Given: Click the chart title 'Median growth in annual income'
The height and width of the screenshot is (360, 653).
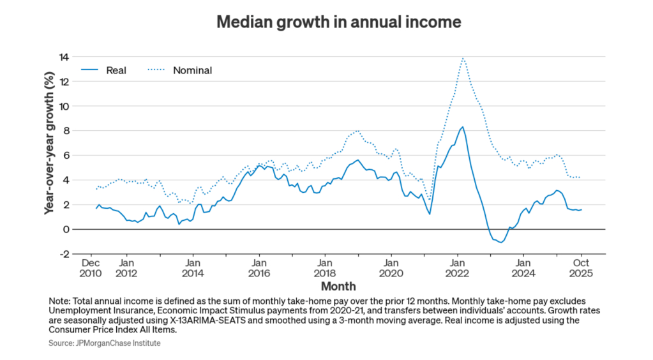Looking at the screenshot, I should click(x=338, y=22).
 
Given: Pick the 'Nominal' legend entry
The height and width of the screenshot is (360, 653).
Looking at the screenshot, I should click(x=192, y=70).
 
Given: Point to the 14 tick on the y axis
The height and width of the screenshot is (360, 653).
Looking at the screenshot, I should click(x=64, y=57).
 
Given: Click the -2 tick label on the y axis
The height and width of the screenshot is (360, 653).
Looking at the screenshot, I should click(x=64, y=254).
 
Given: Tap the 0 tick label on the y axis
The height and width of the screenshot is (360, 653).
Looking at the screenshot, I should click(x=66, y=229).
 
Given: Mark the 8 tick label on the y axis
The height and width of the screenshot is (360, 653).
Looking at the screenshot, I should click(x=66, y=131).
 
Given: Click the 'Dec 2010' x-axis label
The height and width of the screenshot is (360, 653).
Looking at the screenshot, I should click(x=91, y=268).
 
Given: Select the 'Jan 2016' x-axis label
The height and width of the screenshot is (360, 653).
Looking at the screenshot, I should click(x=259, y=268).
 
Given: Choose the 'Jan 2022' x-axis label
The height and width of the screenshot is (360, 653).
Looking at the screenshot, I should click(x=458, y=268).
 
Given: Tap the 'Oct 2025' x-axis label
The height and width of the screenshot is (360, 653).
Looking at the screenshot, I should click(x=582, y=268).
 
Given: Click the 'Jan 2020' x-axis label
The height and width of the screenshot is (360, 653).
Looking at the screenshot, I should click(x=391, y=268).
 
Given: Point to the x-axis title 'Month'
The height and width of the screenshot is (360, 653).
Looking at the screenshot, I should click(x=338, y=286).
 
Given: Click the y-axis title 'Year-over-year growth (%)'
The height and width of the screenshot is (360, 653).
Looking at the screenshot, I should click(x=49, y=155).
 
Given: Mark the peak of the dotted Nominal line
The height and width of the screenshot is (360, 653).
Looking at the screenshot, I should click(x=462, y=58).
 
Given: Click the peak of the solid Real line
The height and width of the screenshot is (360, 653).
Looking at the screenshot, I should click(x=462, y=126).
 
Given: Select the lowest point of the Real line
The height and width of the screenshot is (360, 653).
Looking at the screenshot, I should click(x=502, y=243).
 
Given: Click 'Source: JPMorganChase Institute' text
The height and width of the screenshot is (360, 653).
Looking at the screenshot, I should click(x=104, y=343).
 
